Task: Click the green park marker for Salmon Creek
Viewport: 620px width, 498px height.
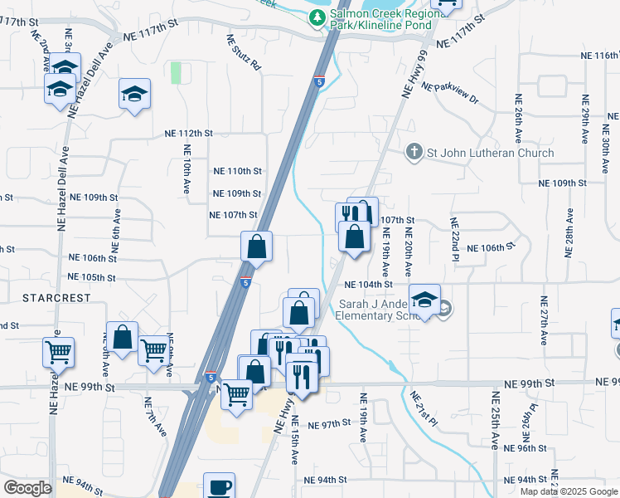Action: pos(317,15)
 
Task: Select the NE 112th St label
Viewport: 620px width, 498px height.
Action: pos(189,133)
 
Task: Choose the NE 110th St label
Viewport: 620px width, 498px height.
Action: pos(237,171)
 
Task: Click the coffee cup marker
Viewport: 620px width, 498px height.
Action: pos(219,487)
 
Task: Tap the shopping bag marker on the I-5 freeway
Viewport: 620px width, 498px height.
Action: pos(257,246)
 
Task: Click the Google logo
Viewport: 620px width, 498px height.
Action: pos(27,488)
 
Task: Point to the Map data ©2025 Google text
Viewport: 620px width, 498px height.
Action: pos(569,491)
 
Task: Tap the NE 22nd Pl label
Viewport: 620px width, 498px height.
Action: pos(454,235)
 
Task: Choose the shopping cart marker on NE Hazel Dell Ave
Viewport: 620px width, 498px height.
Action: pos(58,352)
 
